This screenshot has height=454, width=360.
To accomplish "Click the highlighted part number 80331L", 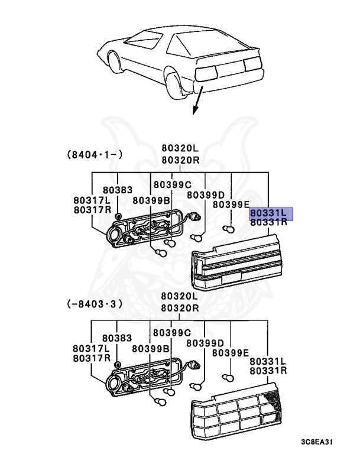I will coord(268,212).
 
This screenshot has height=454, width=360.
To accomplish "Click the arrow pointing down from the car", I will coord(196,100).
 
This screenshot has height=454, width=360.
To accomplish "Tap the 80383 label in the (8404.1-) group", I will coord(118,190).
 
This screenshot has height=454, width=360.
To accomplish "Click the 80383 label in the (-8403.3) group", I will coord(118,338).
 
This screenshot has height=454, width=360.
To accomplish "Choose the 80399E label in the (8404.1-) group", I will coord(231,205).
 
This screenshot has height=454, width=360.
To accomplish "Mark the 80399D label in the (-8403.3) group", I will coord(205,343).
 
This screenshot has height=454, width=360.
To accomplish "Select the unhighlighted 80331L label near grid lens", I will coord(268,361).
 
